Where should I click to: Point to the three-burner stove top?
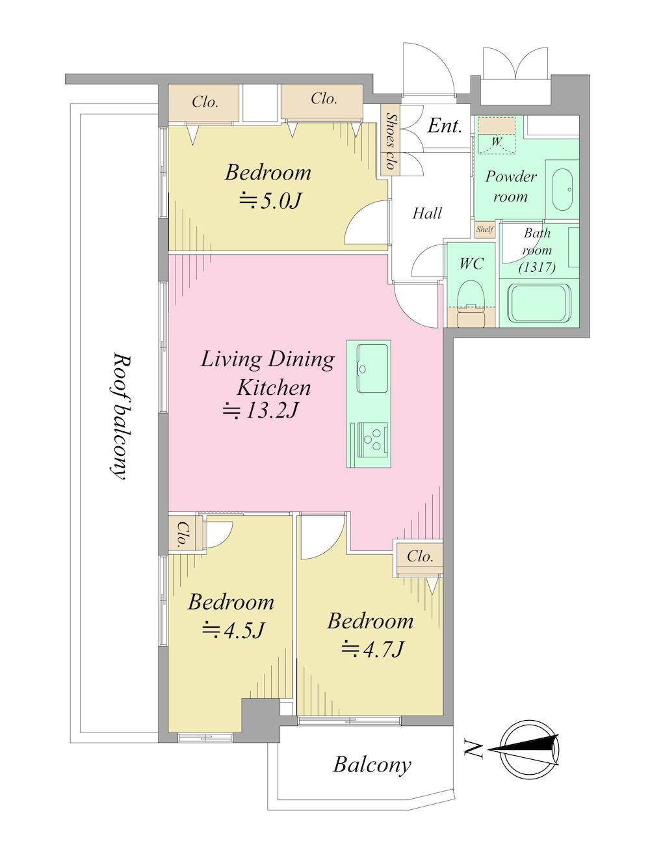click(x=372, y=440)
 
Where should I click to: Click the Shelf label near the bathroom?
click(x=484, y=230)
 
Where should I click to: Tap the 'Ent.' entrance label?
click(x=445, y=126)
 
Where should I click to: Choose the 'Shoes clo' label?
click(x=389, y=141)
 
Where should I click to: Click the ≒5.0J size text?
click(x=270, y=201)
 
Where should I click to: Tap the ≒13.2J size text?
click(x=261, y=411)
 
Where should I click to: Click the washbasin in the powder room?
click(x=562, y=189)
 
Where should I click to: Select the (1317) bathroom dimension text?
click(x=537, y=267)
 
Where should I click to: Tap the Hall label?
click(x=427, y=213)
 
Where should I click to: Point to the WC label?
click(x=471, y=264)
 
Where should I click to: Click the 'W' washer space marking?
click(x=496, y=142)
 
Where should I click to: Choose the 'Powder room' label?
click(x=511, y=187)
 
